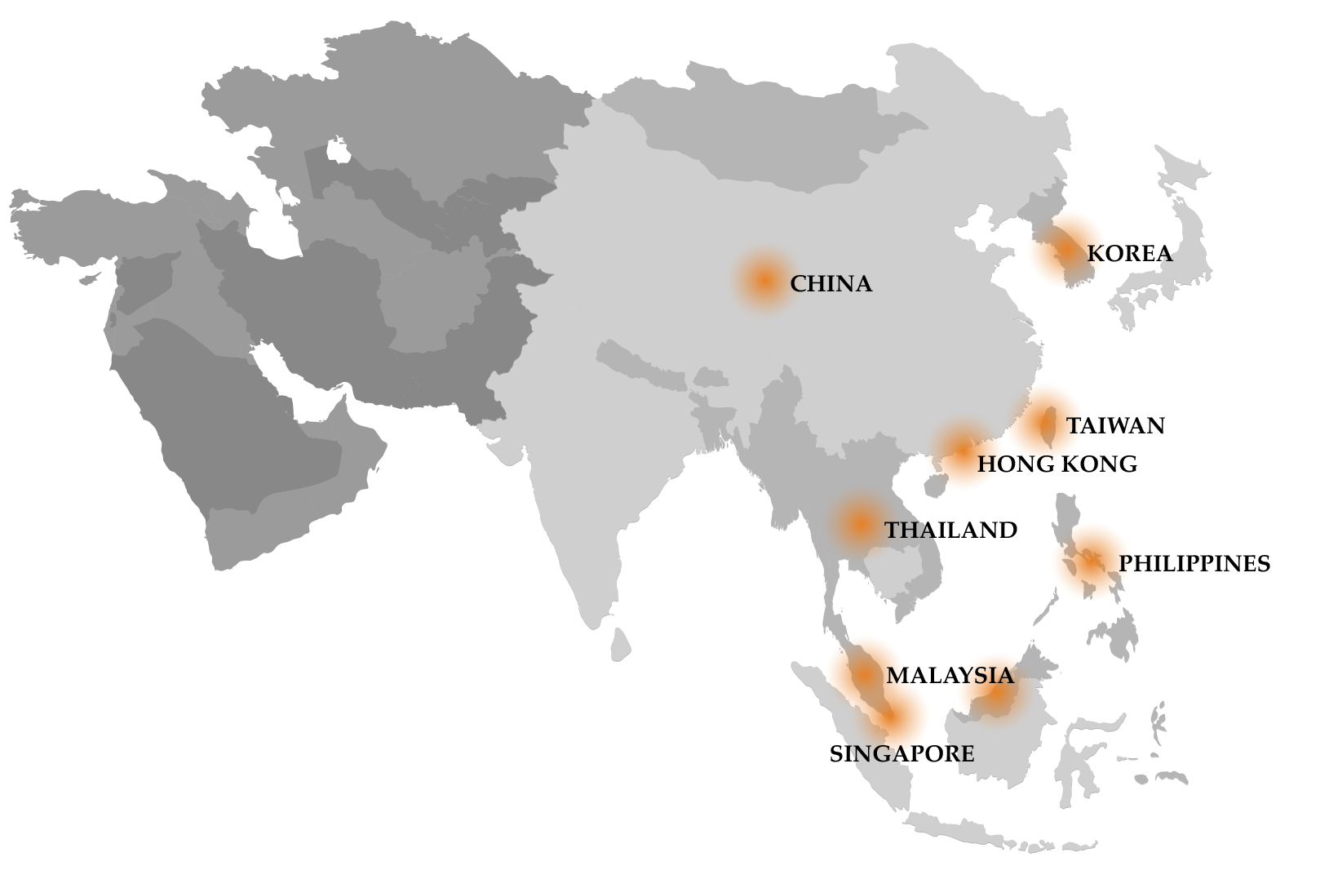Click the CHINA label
click(x=831, y=284)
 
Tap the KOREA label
click(x=1129, y=254)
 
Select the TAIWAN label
click(x=1115, y=426)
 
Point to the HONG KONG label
click(x=1057, y=464)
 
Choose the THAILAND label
click(x=950, y=531)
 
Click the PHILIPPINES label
click(x=1194, y=564)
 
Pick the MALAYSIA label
click(x=950, y=676)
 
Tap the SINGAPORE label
click(x=902, y=754)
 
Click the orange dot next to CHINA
click(x=764, y=281)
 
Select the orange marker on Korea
click(x=1068, y=251)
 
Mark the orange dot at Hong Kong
click(x=963, y=448)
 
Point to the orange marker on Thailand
click(x=859, y=525)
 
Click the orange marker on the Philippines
click(x=1091, y=562)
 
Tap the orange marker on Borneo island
click(x=996, y=696)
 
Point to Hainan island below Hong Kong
click(x=933, y=486)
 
